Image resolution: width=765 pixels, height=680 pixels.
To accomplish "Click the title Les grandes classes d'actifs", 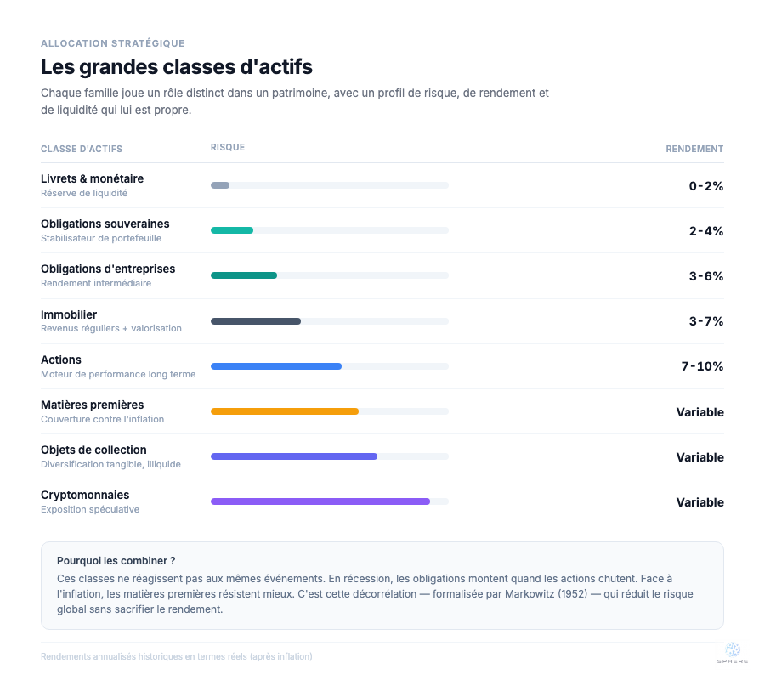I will pyautogui.click(x=177, y=66).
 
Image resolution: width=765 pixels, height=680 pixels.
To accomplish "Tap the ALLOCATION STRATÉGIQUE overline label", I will pyautogui.click(x=112, y=43).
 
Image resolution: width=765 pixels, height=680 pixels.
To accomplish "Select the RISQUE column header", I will pyautogui.click(x=228, y=148).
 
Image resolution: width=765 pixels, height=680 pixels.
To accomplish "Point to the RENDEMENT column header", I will pyautogui.click(x=694, y=149).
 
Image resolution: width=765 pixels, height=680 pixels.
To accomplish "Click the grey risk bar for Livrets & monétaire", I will pyautogui.click(x=220, y=185).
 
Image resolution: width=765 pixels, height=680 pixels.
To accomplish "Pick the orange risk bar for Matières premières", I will pyautogui.click(x=285, y=411).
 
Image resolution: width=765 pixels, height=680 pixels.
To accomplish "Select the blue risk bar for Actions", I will pyautogui.click(x=276, y=366).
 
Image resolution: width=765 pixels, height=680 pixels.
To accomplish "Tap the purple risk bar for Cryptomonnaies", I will pyautogui.click(x=320, y=501).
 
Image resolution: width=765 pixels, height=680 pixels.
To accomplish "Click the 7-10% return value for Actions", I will pyautogui.click(x=702, y=366).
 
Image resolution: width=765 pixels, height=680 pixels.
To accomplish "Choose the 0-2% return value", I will pyautogui.click(x=706, y=186).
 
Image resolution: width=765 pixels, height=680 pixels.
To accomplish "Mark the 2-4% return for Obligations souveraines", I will pyautogui.click(x=706, y=231).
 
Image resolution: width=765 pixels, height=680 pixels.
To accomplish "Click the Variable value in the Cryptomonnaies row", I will pyautogui.click(x=700, y=502).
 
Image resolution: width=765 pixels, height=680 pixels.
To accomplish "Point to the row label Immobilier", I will pyautogui.click(x=69, y=314).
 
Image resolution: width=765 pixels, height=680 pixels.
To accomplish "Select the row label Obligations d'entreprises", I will pyautogui.click(x=108, y=269).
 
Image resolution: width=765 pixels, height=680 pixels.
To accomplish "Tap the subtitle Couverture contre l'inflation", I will pyautogui.click(x=102, y=419).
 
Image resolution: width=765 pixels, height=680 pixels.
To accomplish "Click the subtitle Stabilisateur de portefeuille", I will pyautogui.click(x=101, y=238).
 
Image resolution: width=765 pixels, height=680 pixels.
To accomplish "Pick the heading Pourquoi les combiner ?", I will pyautogui.click(x=116, y=561).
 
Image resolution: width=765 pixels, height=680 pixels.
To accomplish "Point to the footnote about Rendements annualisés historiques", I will pyautogui.click(x=176, y=656).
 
